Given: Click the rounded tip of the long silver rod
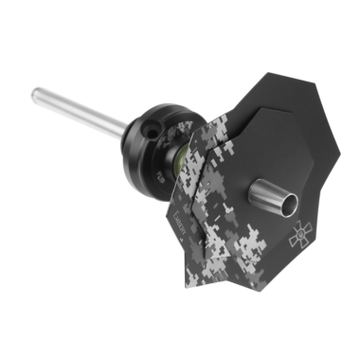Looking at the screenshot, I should coord(36,93).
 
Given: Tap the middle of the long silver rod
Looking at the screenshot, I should coord(81,110).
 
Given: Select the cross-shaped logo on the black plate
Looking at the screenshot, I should coord(301,234).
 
